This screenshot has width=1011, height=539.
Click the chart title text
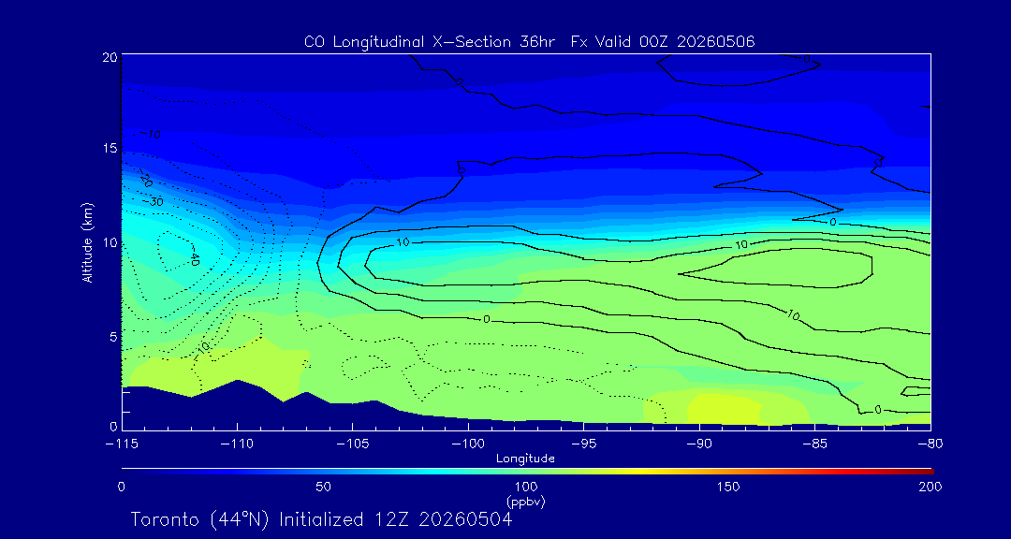click(x=529, y=42)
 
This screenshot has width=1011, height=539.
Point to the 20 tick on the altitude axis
click(x=109, y=57)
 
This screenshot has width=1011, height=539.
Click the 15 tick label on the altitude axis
click(x=110, y=148)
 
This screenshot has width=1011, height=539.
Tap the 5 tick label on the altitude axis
click(x=113, y=337)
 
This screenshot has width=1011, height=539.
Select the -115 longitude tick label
click(x=123, y=444)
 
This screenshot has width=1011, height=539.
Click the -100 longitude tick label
click(x=468, y=444)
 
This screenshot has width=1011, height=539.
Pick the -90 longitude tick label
click(x=700, y=444)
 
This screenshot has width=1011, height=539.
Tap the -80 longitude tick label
click(x=930, y=444)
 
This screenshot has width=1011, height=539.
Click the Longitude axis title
click(x=525, y=459)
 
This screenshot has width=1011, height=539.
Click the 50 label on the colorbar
click(x=324, y=487)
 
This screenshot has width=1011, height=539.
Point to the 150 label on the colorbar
click(x=728, y=487)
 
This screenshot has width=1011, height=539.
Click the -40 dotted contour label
click(x=194, y=259)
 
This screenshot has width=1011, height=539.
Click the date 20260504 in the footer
click(x=465, y=519)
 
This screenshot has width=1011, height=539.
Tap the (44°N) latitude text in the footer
click(x=243, y=519)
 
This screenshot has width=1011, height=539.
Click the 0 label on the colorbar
click(x=122, y=487)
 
